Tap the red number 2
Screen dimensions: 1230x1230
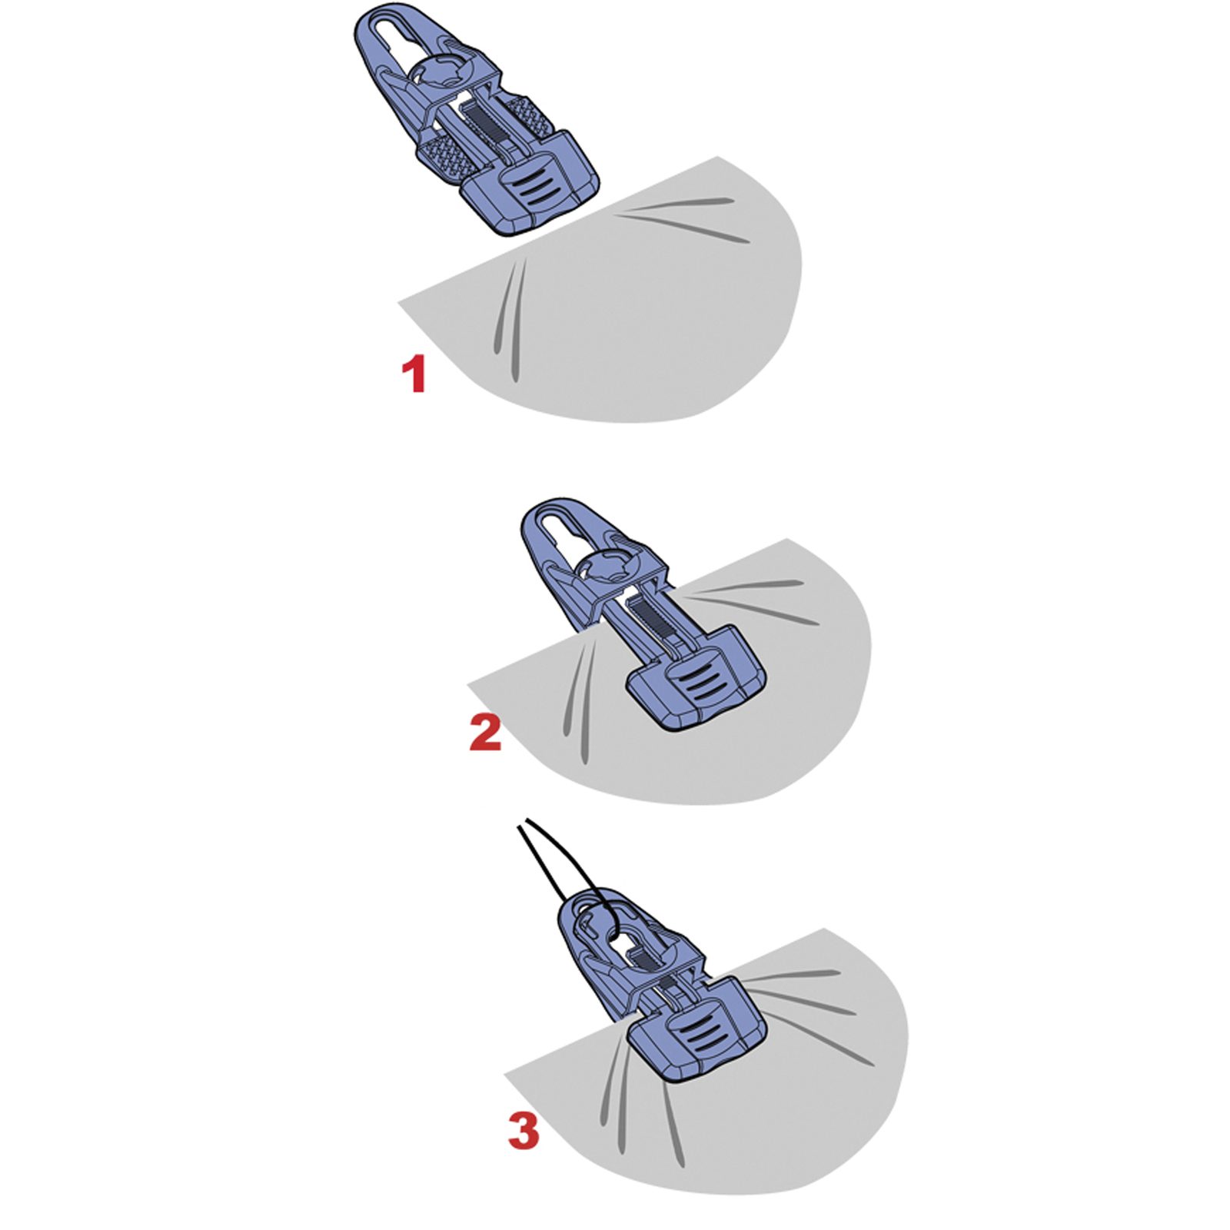click(x=485, y=733)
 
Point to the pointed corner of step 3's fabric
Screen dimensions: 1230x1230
click(x=504, y=1072)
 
